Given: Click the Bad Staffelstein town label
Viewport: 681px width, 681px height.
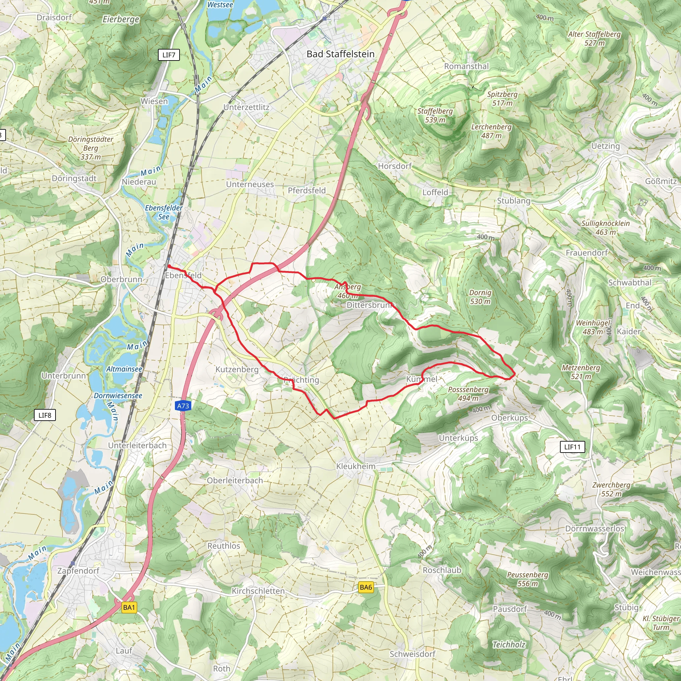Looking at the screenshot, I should tap(340, 54).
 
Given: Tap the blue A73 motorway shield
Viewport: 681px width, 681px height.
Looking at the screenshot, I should tap(183, 406).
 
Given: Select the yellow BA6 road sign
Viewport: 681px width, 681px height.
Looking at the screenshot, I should tap(365, 587).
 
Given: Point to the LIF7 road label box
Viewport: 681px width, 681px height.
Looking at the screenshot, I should tap(169, 55).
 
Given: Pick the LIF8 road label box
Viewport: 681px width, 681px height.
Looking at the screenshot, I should tap(45, 415).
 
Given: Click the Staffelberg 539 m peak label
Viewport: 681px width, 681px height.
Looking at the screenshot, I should tap(435, 115).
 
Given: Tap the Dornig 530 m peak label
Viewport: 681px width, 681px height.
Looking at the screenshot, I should tap(480, 297).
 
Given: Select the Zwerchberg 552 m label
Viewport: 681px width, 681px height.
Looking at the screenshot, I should tap(611, 489).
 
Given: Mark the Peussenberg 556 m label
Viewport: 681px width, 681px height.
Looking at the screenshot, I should tap(528, 579).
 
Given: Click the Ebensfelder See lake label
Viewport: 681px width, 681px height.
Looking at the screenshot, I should tap(164, 212).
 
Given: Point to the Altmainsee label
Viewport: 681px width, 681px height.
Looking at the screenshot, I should tap(124, 369).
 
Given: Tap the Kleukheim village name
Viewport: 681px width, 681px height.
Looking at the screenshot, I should tap(356, 466).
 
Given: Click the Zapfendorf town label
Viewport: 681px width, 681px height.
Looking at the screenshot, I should tap(78, 571).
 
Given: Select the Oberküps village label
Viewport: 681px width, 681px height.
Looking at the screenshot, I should tap(509, 418).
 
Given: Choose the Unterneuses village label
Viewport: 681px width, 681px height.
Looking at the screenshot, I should tap(250, 184).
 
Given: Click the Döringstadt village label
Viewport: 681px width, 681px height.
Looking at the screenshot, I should tap(74, 178).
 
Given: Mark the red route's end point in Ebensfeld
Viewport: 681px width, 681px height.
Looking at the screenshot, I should tap(169, 265).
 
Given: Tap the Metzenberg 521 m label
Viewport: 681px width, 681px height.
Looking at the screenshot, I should tap(581, 372).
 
